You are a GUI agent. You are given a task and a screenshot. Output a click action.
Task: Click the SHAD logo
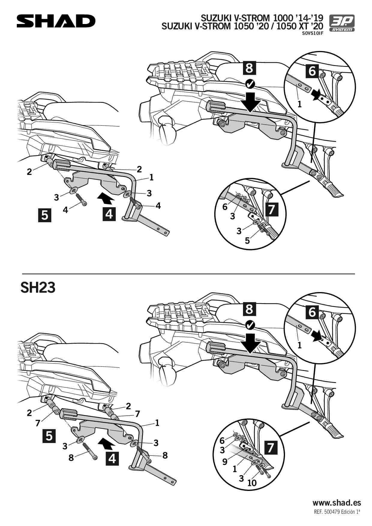56,21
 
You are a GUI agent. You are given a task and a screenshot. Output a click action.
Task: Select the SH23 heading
38,288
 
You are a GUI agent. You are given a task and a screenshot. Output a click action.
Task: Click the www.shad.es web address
337,503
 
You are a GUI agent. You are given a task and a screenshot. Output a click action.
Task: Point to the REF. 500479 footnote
337,512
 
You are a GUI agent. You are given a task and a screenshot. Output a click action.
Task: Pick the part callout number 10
252,483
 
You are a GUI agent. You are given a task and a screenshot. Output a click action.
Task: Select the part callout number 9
225,462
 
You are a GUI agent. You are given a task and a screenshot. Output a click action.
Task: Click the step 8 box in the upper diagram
249,68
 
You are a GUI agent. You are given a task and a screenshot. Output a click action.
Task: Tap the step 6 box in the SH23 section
312,312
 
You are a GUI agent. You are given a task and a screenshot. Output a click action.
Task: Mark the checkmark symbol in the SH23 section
250,325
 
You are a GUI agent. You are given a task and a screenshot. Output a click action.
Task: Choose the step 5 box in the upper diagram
45,215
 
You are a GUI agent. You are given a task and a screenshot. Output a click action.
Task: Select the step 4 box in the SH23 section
112,459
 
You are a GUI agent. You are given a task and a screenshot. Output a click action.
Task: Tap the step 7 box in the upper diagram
272,209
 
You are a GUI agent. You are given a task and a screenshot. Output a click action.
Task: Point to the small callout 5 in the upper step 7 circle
247,241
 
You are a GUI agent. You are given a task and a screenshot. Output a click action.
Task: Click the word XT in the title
306,26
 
